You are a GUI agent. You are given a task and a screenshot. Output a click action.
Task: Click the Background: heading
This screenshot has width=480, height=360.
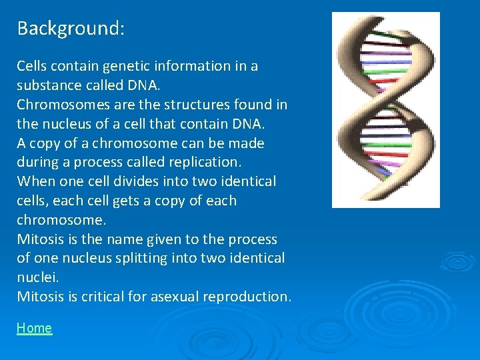[71, 29]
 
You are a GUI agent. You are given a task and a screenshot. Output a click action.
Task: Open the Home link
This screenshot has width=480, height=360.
[34, 328]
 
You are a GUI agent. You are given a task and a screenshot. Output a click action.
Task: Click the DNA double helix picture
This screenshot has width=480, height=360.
[385, 110]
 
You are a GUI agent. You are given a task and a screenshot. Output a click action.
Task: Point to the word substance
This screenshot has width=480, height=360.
[47, 86]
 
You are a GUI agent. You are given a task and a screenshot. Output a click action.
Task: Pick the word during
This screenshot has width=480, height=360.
[36, 162]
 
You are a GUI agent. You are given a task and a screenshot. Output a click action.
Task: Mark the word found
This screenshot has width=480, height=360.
[256, 105]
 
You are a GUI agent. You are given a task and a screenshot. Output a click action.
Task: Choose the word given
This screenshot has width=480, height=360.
[155, 239]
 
